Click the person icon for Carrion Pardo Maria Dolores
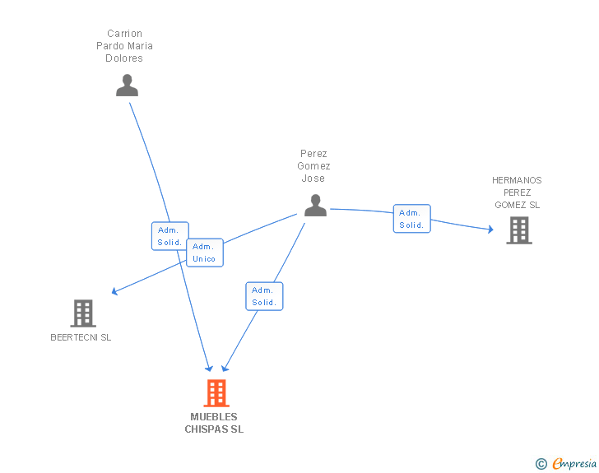pyautogui.click(x=127, y=86)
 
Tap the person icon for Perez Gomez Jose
pyautogui.click(x=316, y=205)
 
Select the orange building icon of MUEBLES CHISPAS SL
pyautogui.click(x=216, y=392)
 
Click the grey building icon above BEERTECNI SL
pyautogui.click(x=83, y=313)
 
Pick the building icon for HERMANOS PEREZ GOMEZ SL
pyautogui.click(x=519, y=230)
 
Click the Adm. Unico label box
pyautogui.click(x=205, y=253)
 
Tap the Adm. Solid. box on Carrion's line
pyautogui.click(x=170, y=236)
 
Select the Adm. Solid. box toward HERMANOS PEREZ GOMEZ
pyautogui.click(x=411, y=219)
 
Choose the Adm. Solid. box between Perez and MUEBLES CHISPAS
pyautogui.click(x=264, y=296)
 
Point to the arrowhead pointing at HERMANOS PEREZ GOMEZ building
pyautogui.click(x=491, y=230)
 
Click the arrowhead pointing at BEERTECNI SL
pyautogui.click(x=114, y=291)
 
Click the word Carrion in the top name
pyautogui.click(x=124, y=34)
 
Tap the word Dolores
pyautogui.click(x=124, y=58)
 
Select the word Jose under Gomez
pyautogui.click(x=313, y=179)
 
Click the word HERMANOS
pyautogui.click(x=517, y=180)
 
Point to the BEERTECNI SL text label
pyautogui.click(x=81, y=337)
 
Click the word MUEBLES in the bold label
pyautogui.click(x=214, y=417)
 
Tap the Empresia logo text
pyautogui.click(x=574, y=463)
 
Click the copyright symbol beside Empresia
pyautogui.click(x=541, y=464)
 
